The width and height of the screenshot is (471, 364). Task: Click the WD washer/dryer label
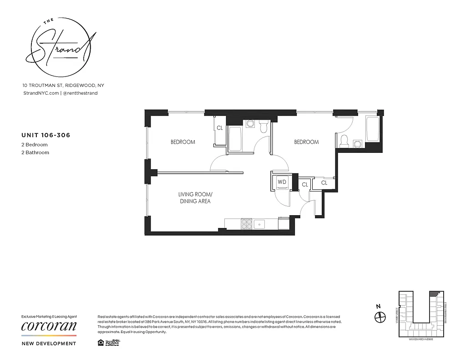pyautogui.click(x=282, y=182)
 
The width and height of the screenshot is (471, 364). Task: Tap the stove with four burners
pyautogui.click(x=246, y=223)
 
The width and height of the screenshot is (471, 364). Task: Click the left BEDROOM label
pyautogui.click(x=183, y=142)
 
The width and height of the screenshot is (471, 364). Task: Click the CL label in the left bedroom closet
pyautogui.click(x=220, y=128)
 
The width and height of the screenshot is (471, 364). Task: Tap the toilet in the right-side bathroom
pyautogui.click(x=344, y=141)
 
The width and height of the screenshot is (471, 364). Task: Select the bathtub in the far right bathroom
pyautogui.click(x=372, y=129)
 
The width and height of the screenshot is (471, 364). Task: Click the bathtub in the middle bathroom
pyautogui.click(x=235, y=139)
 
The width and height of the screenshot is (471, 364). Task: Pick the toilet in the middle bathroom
pyautogui.click(x=263, y=127)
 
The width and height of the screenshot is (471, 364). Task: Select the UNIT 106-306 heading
pyautogui.click(x=45, y=135)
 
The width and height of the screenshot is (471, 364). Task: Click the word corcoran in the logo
pyautogui.click(x=49, y=326)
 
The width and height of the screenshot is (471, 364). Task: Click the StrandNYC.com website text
pyautogui.click(x=40, y=93)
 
